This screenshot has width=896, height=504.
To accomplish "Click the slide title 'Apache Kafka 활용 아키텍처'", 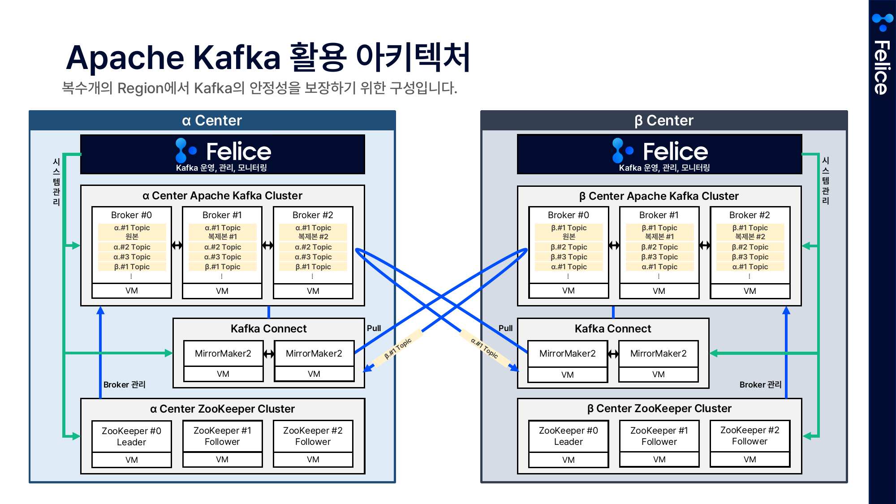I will tap(268, 57).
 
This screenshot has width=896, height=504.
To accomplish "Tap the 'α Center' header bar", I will tap(212, 121).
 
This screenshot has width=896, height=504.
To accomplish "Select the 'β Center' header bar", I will tap(663, 121).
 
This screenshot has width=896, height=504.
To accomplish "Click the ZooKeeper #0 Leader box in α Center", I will tap(131, 436).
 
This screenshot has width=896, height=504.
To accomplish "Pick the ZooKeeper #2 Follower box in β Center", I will tap(750, 435).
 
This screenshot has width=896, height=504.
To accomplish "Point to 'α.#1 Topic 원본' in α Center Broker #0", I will tap(132, 232).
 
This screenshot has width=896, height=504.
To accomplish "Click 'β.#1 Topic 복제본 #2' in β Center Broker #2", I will tap(750, 232).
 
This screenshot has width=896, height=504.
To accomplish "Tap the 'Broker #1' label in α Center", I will tap(222, 215).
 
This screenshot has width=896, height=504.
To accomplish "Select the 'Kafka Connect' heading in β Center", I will tap(612, 329).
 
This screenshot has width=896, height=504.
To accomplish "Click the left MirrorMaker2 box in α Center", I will tap(223, 353).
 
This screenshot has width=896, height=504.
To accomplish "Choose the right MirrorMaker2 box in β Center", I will tap(658, 353).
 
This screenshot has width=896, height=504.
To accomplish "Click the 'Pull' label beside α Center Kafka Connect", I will tap(374, 328).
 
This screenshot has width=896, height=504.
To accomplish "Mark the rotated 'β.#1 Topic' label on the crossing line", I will tap(398, 349).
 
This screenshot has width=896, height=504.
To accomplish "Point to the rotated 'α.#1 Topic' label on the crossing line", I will tap(484, 348).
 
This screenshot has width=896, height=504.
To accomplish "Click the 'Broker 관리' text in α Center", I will tap(124, 384).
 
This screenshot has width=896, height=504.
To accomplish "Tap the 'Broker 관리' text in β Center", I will tap(760, 384).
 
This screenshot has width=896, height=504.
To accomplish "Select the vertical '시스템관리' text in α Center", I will tap(56, 181).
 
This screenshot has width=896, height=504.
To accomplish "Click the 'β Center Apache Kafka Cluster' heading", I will tap(659, 196).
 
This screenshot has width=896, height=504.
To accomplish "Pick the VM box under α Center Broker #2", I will tap(313, 291).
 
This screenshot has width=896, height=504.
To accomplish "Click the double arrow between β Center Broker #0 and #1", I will tap(614, 245).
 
